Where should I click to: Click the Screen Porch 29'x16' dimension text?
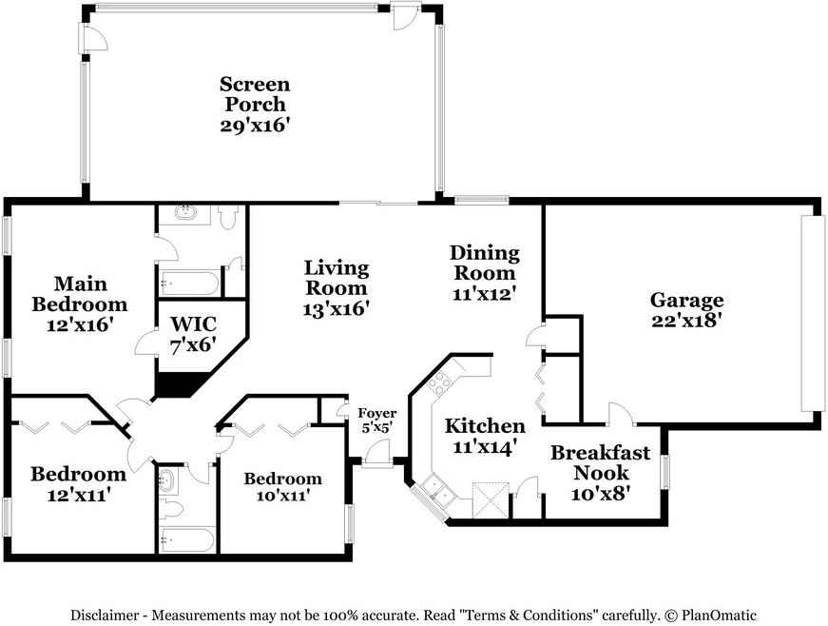255,126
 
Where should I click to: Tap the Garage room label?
686,300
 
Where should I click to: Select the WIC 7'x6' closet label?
193,334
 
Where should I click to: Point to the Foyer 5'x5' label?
376,421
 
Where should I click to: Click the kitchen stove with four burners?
439,383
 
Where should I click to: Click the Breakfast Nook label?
601,462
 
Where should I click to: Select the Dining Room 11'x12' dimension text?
484,294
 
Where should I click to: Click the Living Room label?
337,278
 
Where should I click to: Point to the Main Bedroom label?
80,294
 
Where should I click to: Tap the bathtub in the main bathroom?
188,284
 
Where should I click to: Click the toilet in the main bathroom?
227,217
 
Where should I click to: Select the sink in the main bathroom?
185,213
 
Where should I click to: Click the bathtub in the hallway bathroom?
187,539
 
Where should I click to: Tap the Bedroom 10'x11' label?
282,486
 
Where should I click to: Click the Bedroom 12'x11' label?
79,484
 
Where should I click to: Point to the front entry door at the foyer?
377,455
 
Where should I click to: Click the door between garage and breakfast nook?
620,416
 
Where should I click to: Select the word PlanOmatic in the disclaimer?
719,615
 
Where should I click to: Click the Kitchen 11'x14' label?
485,437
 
